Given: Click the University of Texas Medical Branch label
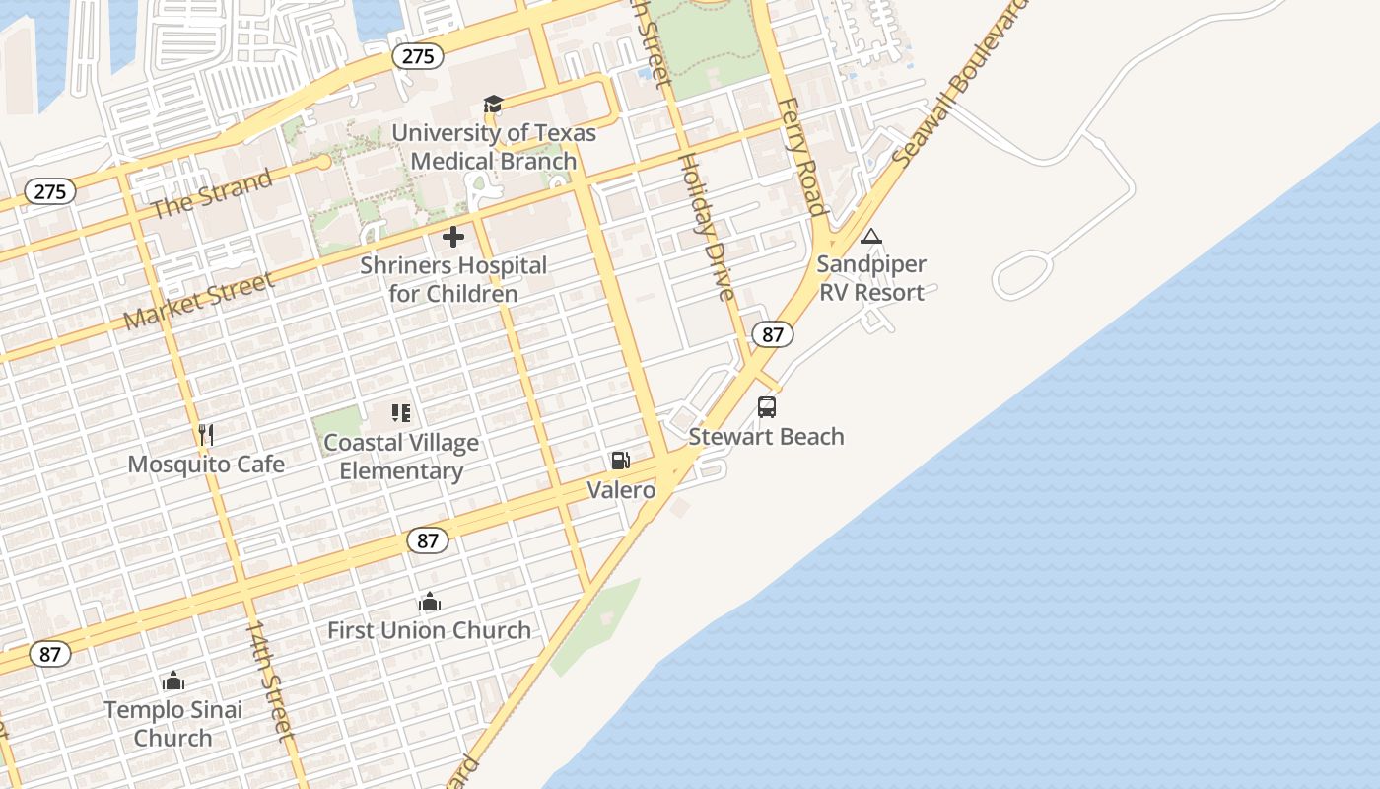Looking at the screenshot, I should pyautogui.click(x=494, y=147).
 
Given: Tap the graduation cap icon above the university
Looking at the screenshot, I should pyautogui.click(x=493, y=105).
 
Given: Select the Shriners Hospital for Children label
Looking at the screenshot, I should pyautogui.click(x=453, y=279).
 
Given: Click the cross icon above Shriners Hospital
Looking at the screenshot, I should pyautogui.click(x=453, y=237).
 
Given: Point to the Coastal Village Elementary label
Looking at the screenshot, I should pyautogui.click(x=401, y=457).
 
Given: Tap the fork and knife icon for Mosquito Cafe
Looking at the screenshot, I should pyautogui.click(x=205, y=435).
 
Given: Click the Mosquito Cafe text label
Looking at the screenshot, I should pyautogui.click(x=206, y=465).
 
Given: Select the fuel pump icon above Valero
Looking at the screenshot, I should pyautogui.click(x=620, y=461).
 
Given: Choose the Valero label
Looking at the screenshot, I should pyautogui.click(x=621, y=489).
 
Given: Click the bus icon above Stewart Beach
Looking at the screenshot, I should pyautogui.click(x=766, y=407).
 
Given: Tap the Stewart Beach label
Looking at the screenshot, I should pyautogui.click(x=766, y=437).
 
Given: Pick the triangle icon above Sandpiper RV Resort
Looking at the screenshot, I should pyautogui.click(x=870, y=237).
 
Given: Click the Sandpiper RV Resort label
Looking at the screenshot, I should pyautogui.click(x=871, y=278).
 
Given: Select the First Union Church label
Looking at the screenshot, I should pyautogui.click(x=429, y=630).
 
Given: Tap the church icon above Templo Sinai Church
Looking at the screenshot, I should pyautogui.click(x=173, y=681).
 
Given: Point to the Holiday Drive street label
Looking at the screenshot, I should pyautogui.click(x=707, y=227).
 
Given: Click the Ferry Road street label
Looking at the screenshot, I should pyautogui.click(x=800, y=156).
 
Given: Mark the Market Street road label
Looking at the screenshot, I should pyautogui.click(x=200, y=301).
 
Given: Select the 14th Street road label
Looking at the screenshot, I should pyautogui.click(x=270, y=681).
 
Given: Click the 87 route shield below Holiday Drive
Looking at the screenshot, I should pyautogui.click(x=773, y=334).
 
